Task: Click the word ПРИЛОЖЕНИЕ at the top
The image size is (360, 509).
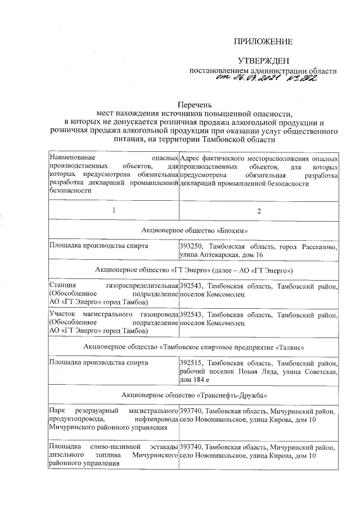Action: coord(263,42)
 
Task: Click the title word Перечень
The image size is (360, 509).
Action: coord(195,105)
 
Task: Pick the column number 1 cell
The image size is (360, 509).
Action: coord(114,211)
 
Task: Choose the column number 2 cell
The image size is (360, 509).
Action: coord(259,211)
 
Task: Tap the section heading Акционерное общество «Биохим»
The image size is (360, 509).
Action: coord(194,231)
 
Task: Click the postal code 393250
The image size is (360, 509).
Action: coord(191,246)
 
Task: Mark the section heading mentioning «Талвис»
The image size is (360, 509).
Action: coord(194,343)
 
